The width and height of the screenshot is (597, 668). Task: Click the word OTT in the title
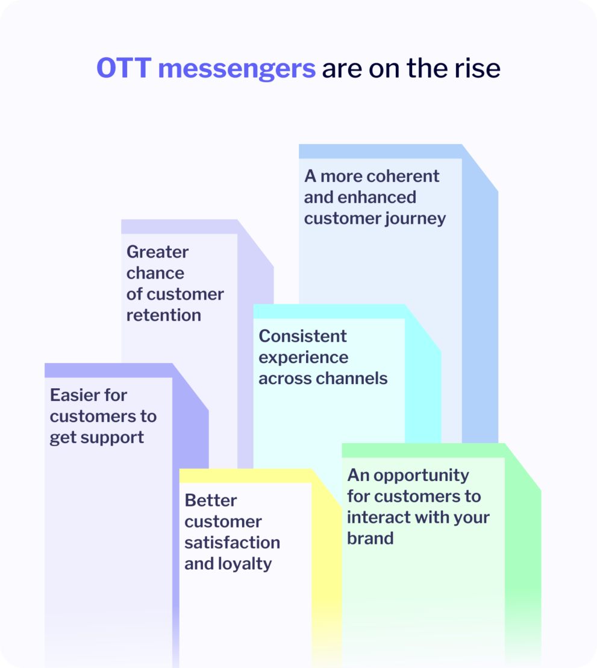[x=123, y=69]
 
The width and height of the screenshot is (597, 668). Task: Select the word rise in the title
[x=478, y=69]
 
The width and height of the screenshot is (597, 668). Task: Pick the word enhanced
[x=377, y=197]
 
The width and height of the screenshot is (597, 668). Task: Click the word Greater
[x=157, y=251]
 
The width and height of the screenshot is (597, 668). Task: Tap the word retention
[x=163, y=315]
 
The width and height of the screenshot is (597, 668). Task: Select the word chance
[x=155, y=273]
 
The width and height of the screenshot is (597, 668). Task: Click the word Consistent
[x=302, y=336]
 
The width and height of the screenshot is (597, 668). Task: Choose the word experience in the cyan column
[x=303, y=358]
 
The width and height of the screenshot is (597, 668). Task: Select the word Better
[x=211, y=500]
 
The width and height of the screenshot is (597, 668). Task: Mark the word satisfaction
[x=232, y=543]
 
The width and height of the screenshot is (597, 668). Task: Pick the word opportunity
[x=420, y=476]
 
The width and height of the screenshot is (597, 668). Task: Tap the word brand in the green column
[x=370, y=538]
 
